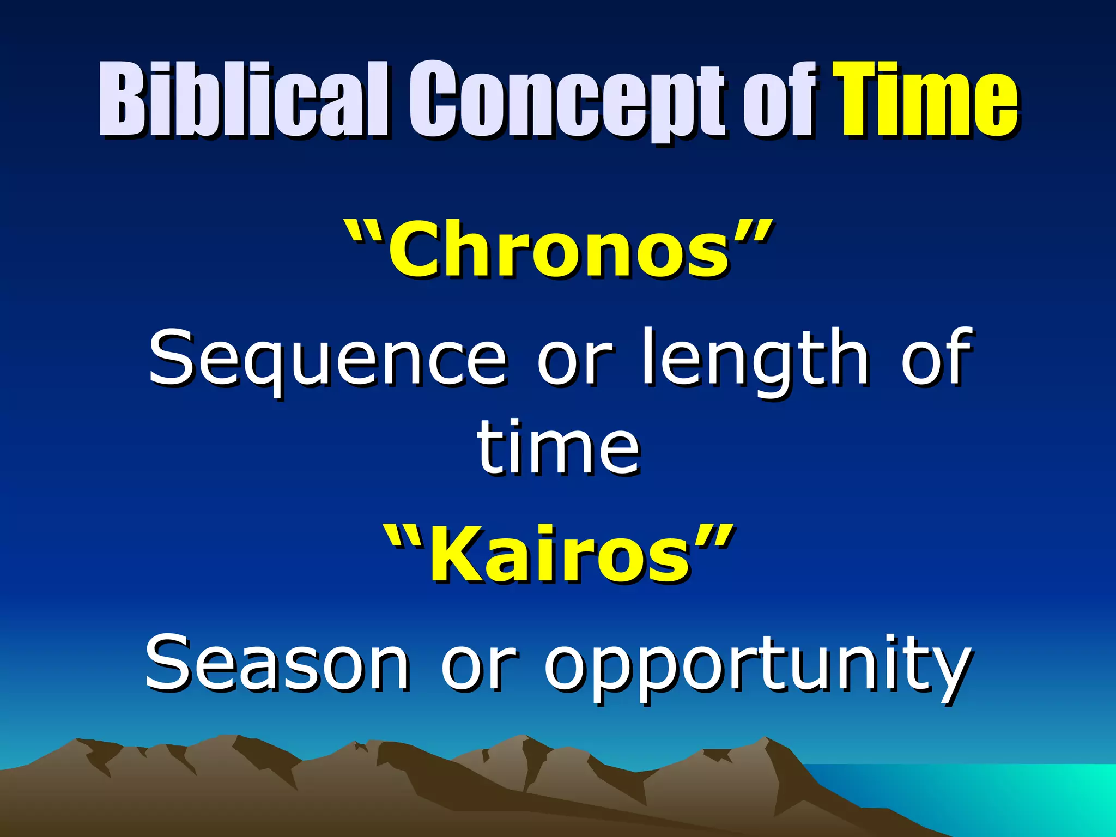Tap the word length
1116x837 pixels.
(754, 360)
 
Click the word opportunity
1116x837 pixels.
(757, 668)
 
